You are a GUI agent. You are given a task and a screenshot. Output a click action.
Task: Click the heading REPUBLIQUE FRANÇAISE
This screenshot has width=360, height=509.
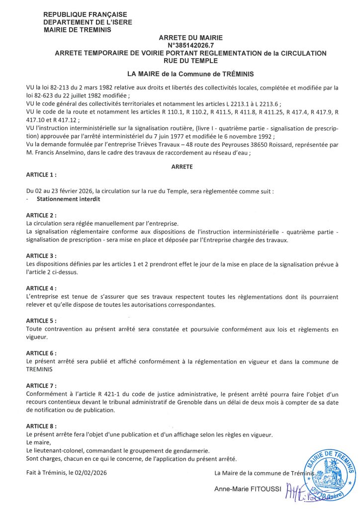85,14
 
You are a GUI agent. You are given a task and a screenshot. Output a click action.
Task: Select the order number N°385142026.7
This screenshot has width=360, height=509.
191,45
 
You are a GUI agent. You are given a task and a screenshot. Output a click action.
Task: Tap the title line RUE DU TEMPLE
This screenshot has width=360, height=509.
191,61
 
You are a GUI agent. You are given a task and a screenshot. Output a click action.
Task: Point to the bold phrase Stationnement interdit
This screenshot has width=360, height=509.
69,199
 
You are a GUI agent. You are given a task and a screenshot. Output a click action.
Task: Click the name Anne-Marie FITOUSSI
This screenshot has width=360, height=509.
247,489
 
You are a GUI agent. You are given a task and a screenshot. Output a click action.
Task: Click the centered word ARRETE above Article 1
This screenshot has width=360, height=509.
181,167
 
